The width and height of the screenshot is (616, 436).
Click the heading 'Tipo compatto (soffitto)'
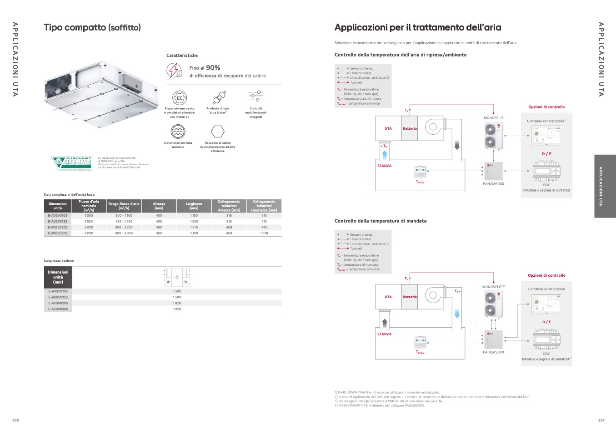pos(92,28)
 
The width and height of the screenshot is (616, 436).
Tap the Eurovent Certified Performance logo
pos(72,163)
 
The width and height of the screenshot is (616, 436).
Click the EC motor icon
pos(180,97)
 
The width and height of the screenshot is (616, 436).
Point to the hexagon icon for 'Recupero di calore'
pos(218,132)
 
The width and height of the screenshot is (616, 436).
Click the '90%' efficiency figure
pos(213,68)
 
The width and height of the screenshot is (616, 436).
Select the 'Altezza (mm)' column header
pos(159,206)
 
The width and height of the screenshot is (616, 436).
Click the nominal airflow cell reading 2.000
pos(89,228)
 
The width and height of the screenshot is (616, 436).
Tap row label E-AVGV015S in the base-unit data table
pos(58,222)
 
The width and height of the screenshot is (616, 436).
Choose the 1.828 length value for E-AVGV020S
pos(177,303)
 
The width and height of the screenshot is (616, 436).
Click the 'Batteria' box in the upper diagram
pos(410,128)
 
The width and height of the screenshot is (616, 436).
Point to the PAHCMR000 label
pos(493,184)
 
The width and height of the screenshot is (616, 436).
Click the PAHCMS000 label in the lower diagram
pos(493,352)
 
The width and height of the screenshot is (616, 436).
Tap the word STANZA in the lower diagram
pos(384,334)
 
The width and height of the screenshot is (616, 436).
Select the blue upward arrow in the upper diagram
pos(385,154)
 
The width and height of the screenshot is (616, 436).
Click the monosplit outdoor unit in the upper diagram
pos(493,136)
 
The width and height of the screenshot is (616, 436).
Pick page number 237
pos(601,421)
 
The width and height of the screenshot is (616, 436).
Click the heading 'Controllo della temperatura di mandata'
pos(381,221)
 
